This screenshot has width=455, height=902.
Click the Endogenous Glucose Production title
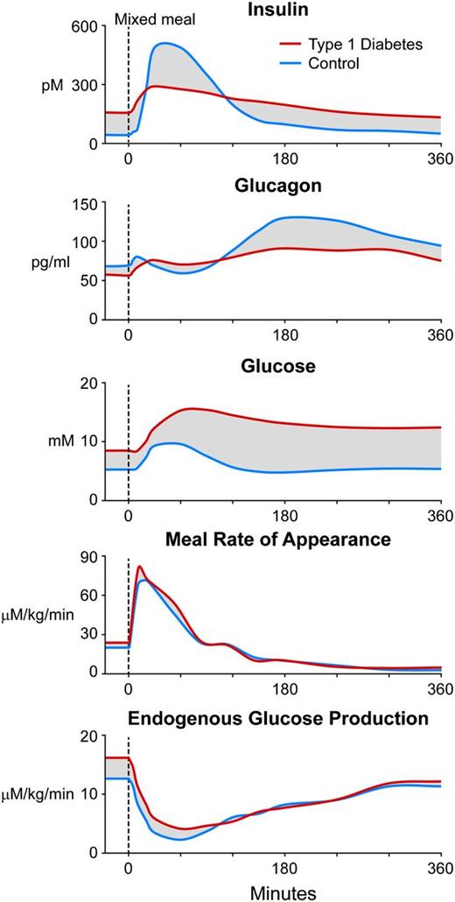[x=278, y=719]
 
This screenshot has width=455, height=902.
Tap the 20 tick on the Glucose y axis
[x=85, y=383]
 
